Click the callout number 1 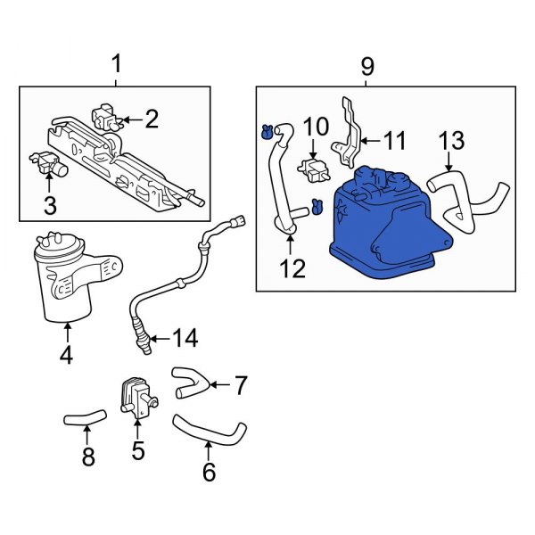[x=114, y=64]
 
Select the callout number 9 [x=367, y=66]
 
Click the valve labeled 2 [x=105, y=116]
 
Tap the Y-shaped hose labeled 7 [x=190, y=382]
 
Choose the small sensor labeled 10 [x=313, y=169]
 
